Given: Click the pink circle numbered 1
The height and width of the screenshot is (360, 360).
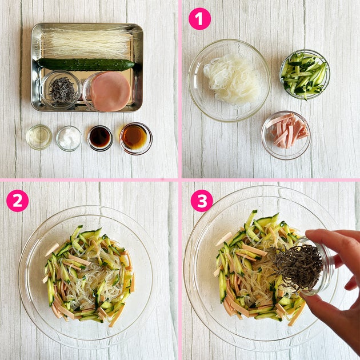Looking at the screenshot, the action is pyautogui.click(x=199, y=19).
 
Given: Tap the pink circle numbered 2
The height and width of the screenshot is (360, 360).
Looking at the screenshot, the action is pyautogui.click(x=18, y=201).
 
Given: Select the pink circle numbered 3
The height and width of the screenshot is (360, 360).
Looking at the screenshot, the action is pyautogui.click(x=202, y=201).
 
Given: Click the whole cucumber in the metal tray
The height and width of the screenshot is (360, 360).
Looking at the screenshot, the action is pyautogui.click(x=86, y=65).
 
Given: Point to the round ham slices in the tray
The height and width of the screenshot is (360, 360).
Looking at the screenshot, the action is pyautogui.click(x=110, y=91).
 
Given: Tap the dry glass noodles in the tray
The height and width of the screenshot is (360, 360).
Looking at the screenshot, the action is pyautogui.click(x=87, y=43).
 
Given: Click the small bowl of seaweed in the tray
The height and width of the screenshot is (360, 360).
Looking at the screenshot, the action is pyautogui.click(x=61, y=90).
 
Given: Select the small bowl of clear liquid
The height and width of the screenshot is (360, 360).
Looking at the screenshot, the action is pyautogui.click(x=39, y=137).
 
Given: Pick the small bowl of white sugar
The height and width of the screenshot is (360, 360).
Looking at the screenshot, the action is pyautogui.click(x=69, y=138).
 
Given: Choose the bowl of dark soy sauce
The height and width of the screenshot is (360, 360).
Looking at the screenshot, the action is pyautogui.click(x=100, y=138).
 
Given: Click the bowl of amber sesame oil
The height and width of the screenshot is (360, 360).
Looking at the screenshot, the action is pyautogui.click(x=135, y=138).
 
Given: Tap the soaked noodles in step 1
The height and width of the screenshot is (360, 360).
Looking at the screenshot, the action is pyautogui.click(x=232, y=79).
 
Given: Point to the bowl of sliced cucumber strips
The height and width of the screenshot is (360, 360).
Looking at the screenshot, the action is pyautogui.click(x=305, y=75).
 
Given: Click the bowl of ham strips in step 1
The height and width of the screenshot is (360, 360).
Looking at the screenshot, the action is pyautogui.click(x=286, y=135).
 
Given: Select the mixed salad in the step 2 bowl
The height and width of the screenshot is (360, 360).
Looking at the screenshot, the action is pyautogui.click(x=89, y=275).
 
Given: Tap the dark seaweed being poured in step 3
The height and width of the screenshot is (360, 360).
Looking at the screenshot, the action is pyautogui.click(x=296, y=266).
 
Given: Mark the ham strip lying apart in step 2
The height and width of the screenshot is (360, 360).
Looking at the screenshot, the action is pyautogui.click(x=52, y=250).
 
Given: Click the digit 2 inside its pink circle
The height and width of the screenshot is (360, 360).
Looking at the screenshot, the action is pyautogui.click(x=18, y=201).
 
